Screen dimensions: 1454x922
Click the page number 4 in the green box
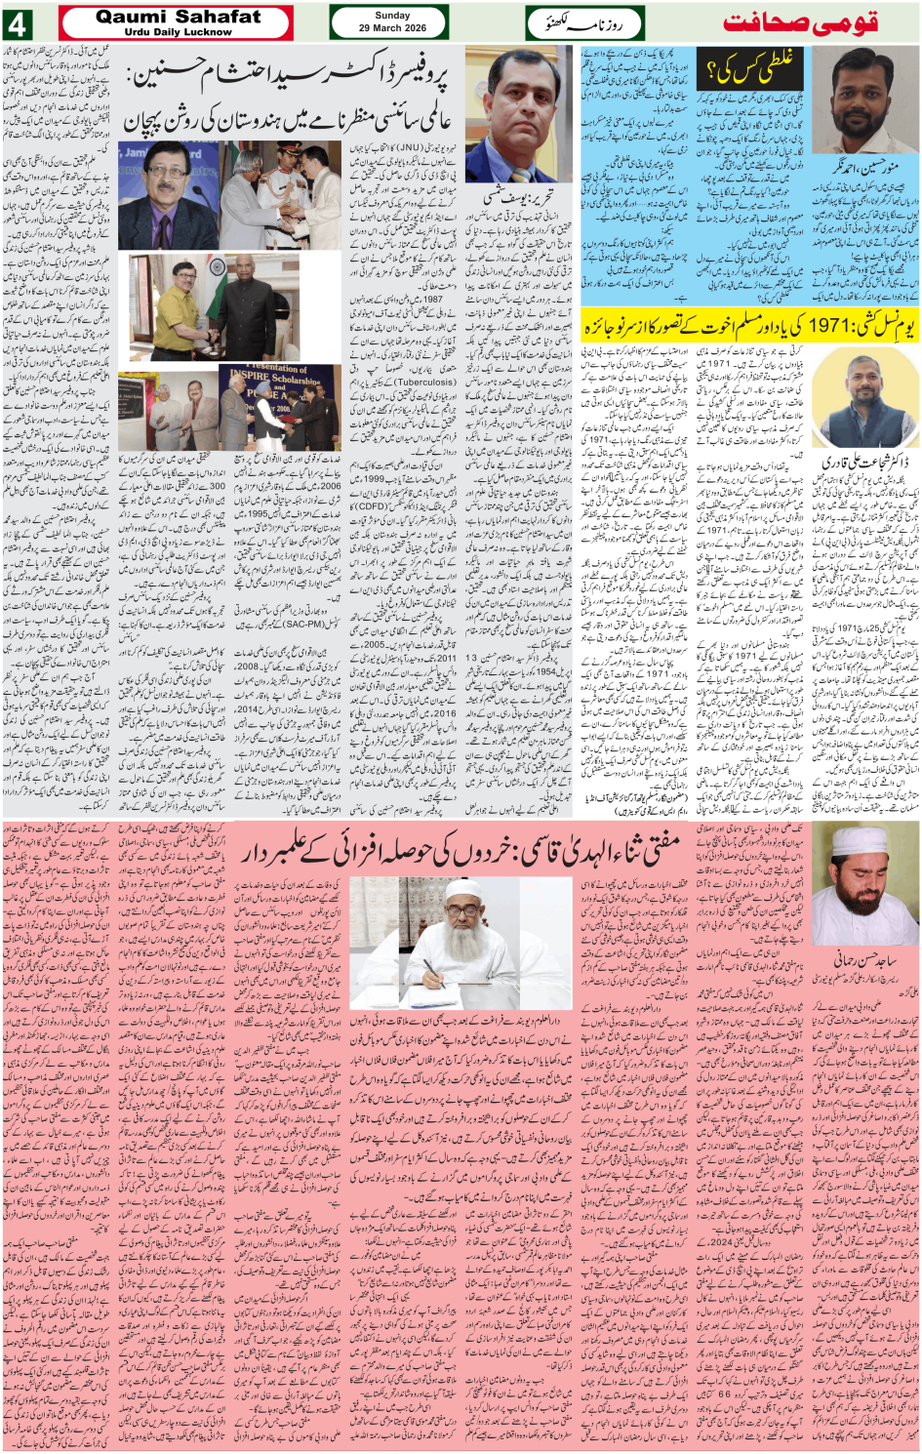[x=17, y=23]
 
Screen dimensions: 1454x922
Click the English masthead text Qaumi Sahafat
[x=178, y=17]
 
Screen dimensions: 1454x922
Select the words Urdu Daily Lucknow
[x=178, y=32]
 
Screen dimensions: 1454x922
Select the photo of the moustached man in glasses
[x=168, y=194]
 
